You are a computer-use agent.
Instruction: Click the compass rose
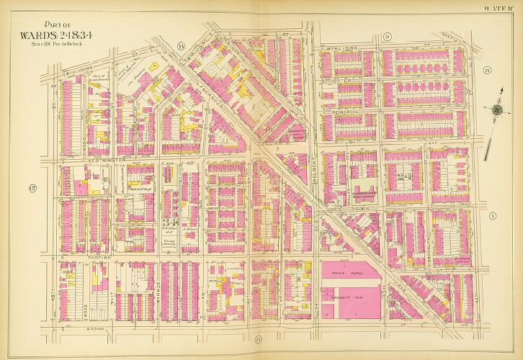[x=496, y=110]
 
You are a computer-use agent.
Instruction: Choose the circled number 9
[x=387, y=37]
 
